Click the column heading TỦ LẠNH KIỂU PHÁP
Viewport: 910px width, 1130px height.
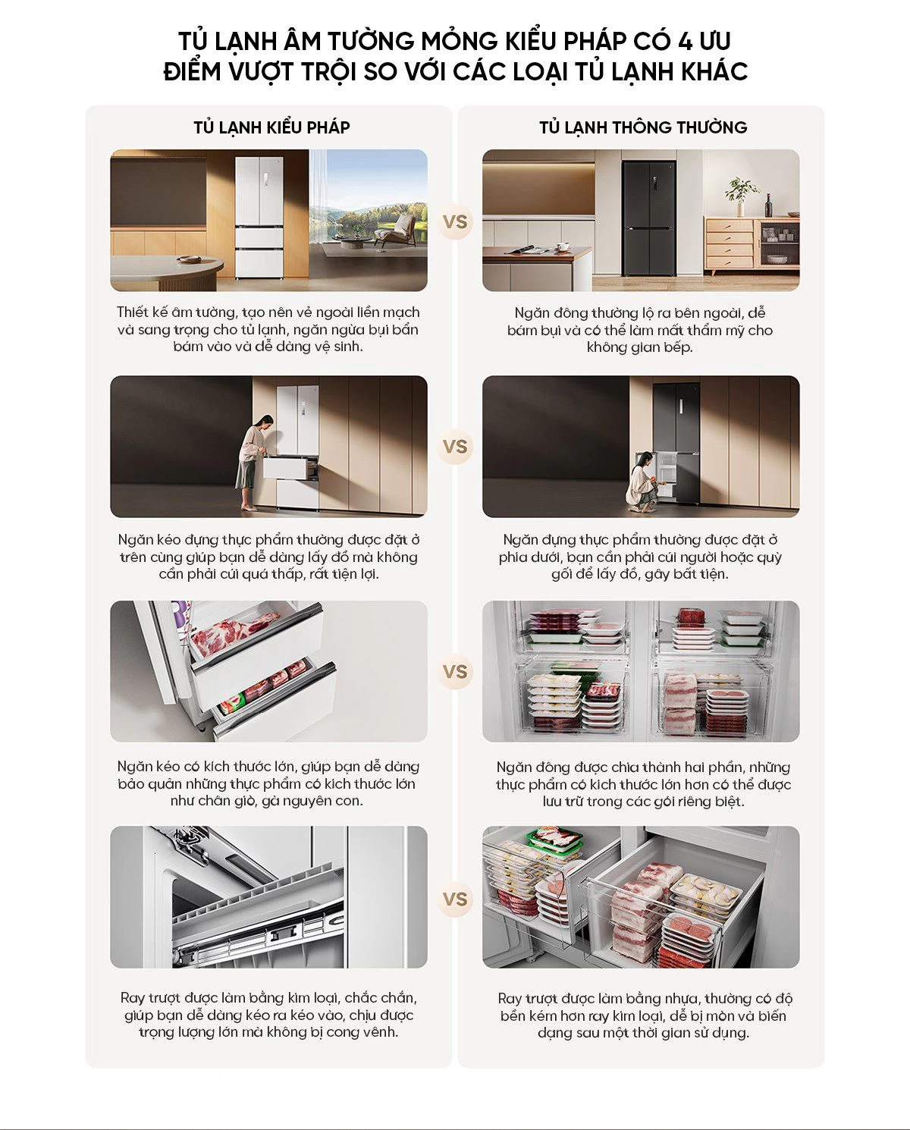271,127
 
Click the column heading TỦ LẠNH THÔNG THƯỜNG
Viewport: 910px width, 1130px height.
643,127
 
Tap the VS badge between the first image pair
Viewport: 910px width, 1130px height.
455,222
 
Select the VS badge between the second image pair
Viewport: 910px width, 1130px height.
455,447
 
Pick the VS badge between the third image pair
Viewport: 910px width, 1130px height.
455,672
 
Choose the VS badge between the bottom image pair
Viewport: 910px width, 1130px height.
455,899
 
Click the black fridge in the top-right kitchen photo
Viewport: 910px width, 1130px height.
648,218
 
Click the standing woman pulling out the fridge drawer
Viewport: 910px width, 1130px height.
252,461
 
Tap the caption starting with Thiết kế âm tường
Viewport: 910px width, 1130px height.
268,329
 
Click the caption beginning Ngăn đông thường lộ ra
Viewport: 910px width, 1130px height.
640,330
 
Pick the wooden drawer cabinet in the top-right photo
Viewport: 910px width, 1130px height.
730,245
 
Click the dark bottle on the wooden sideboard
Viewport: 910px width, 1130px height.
768,206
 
